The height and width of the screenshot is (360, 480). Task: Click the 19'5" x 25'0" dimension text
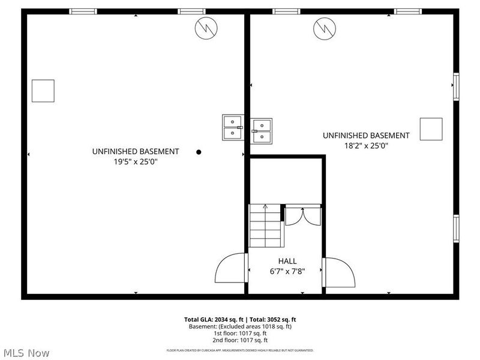(135, 161)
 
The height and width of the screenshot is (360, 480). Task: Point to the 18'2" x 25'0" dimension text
(366, 145)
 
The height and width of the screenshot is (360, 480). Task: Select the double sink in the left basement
(232, 127)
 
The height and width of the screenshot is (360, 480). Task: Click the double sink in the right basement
(261, 130)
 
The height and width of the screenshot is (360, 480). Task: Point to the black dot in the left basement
(199, 152)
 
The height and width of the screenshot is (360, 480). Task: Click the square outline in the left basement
(43, 91)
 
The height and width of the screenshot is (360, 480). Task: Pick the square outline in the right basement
(431, 129)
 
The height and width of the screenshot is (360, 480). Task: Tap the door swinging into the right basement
(338, 272)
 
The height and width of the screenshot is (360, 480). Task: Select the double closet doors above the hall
(303, 215)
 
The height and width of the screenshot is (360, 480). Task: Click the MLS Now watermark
(26, 353)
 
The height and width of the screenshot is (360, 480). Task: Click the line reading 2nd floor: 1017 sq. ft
(240, 341)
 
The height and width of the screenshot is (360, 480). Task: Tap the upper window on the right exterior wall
(456, 86)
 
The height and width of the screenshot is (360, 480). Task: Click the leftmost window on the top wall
(83, 11)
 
